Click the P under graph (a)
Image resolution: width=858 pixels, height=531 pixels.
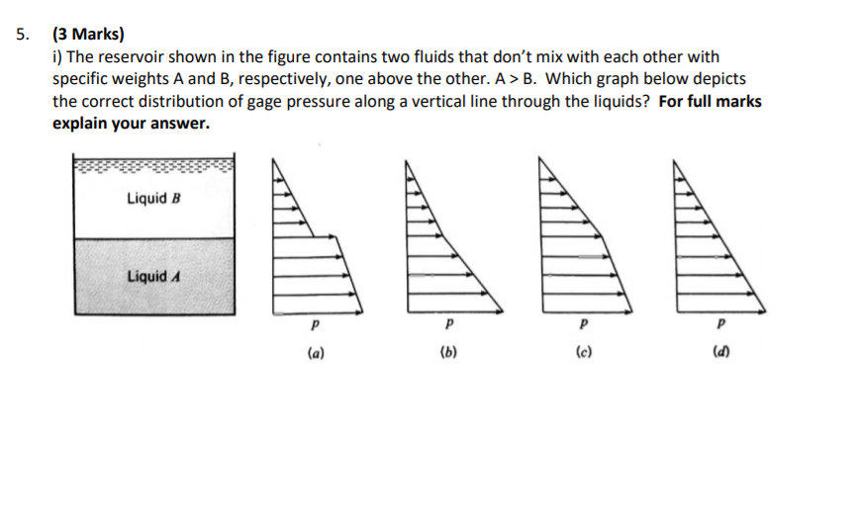(314, 323)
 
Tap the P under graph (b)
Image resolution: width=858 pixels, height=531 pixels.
(448, 323)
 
